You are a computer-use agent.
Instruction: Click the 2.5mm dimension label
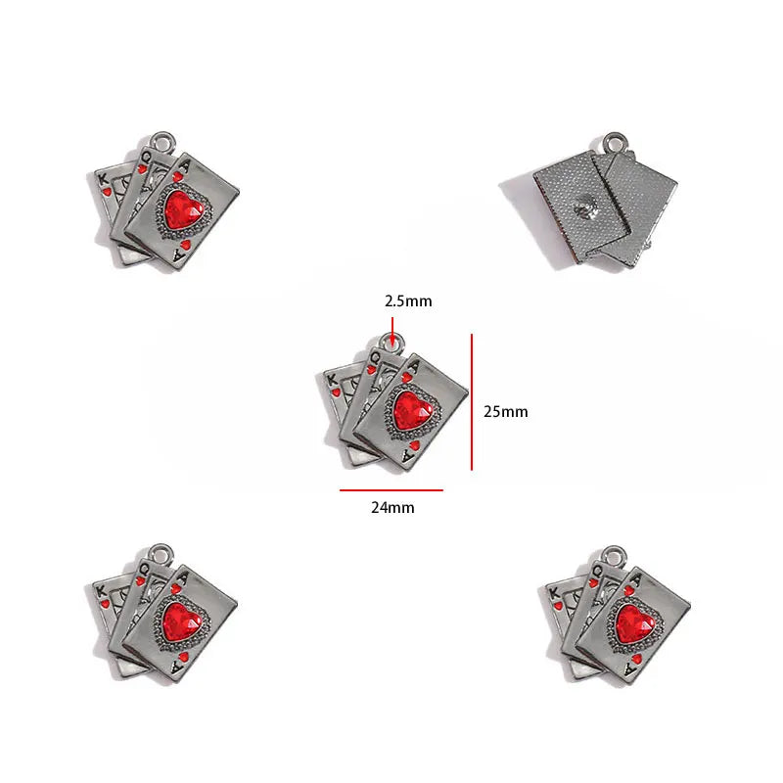click(x=408, y=301)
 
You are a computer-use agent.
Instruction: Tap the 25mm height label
click(x=505, y=411)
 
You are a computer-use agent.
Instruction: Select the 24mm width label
click(x=392, y=507)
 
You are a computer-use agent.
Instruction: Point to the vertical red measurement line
click(x=472, y=402)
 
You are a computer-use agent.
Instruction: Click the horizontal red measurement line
click(x=391, y=490)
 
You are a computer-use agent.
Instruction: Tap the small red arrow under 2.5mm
click(x=392, y=331)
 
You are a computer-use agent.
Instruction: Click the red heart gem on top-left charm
click(x=184, y=210)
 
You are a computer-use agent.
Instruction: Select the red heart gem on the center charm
click(x=412, y=411)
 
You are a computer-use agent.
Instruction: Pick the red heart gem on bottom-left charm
click(x=181, y=622)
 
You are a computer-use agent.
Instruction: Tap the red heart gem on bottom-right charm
click(x=634, y=623)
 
